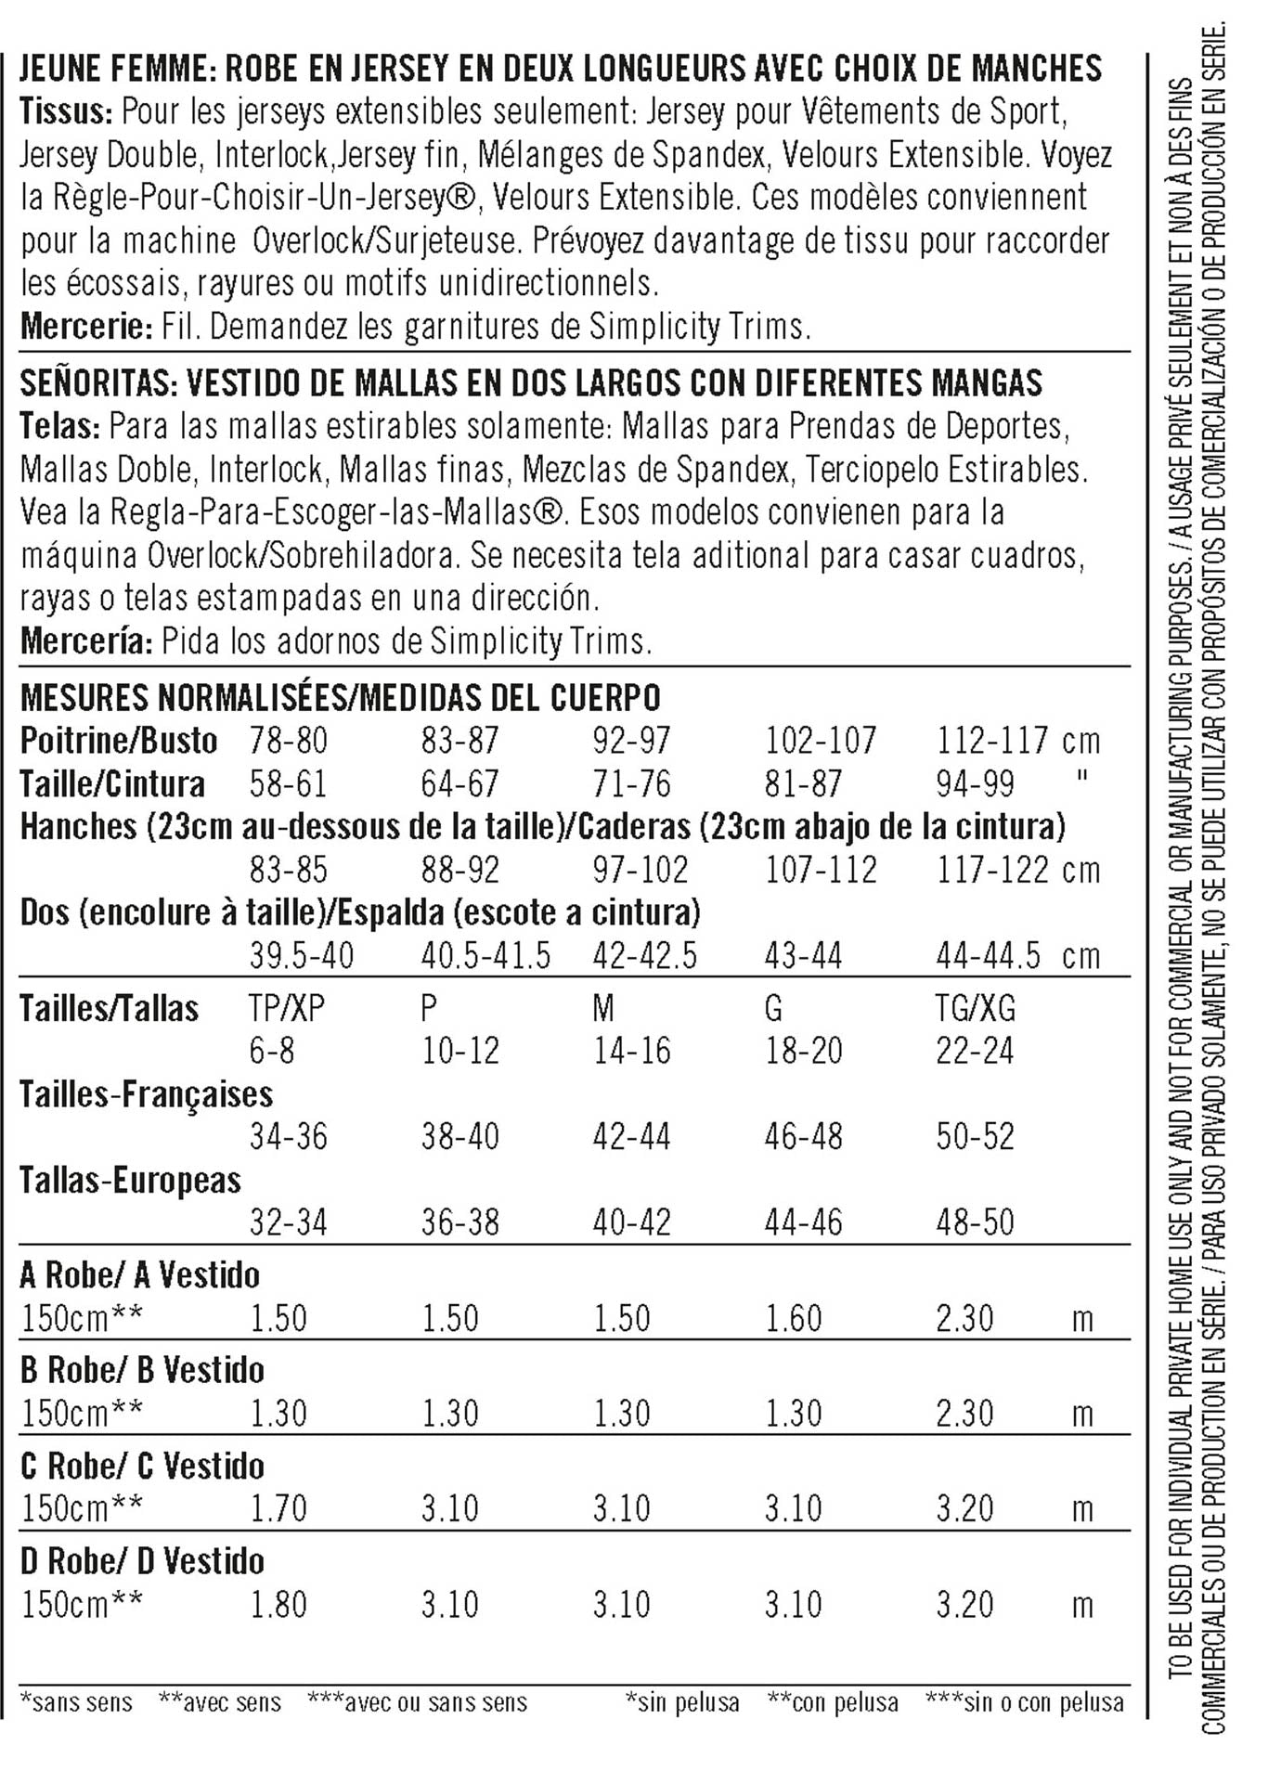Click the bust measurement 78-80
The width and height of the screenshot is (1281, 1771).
(288, 741)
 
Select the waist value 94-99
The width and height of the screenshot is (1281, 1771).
(975, 783)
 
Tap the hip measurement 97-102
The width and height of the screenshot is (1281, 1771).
(640, 870)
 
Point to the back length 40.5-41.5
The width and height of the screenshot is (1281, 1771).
(485, 955)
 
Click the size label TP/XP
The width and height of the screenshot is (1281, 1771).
(287, 1007)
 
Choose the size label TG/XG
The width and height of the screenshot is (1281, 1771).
(975, 1007)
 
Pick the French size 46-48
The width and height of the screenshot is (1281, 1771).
(803, 1136)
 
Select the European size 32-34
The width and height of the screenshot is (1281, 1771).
(288, 1222)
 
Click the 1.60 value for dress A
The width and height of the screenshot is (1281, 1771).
(794, 1318)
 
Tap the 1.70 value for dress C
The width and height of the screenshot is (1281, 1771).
(278, 1508)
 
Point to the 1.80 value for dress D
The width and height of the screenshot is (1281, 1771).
(278, 1604)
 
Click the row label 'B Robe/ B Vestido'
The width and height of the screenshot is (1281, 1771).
(142, 1370)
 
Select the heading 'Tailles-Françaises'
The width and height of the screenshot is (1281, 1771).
(147, 1094)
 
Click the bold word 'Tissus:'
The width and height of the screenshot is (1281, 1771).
(66, 111)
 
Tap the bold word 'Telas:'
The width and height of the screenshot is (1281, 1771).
(59, 426)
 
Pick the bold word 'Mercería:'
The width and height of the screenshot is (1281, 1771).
(86, 640)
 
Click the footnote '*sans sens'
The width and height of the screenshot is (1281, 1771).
(76, 1702)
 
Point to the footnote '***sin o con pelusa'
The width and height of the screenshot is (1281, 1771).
(1025, 1702)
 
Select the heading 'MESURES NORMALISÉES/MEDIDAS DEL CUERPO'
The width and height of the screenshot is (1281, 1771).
(340, 697)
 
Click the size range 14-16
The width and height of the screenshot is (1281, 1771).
(631, 1051)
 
